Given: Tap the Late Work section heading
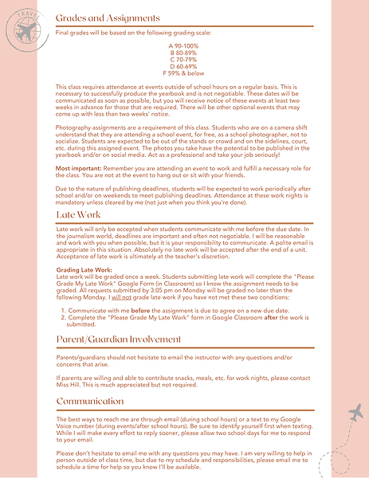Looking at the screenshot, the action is pos(78,216).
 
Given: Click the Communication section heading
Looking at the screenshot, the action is pos(90,401).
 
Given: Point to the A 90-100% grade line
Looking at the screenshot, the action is pos(183,46).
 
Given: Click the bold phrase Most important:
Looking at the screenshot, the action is pos(78,170).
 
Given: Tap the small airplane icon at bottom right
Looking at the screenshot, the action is pos(355,413).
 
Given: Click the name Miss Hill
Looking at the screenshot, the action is pos(70,385).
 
